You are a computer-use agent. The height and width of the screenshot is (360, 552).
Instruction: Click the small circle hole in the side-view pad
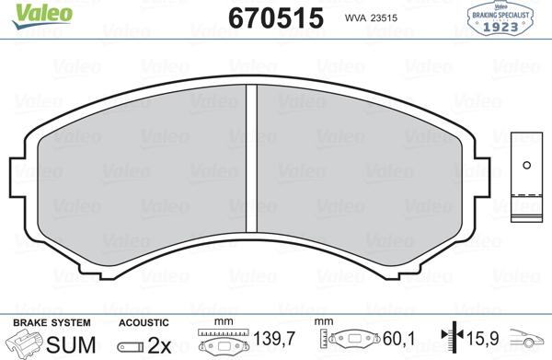526,167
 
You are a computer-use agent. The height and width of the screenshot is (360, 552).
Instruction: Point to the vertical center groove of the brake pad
253,166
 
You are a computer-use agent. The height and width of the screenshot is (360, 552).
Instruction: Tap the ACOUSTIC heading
144,322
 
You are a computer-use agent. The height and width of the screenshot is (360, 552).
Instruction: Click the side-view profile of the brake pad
526,175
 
